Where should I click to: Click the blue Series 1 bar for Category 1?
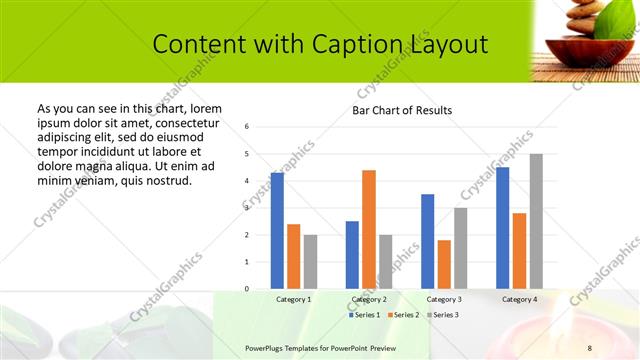pos(277,231)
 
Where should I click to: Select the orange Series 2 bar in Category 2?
pos(369,229)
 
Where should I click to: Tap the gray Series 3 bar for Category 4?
pos(536,221)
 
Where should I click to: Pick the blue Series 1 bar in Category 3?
pos(427,241)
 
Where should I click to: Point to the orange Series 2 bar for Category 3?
pos(444,264)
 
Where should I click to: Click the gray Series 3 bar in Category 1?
pos(310,262)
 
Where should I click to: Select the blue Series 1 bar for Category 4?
pos(502,228)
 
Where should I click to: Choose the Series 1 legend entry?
pos(365,315)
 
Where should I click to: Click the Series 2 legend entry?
pos(403,315)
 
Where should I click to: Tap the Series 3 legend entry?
pos(442,315)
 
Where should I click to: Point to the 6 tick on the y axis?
pos(247,126)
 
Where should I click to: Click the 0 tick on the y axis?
pos(247,289)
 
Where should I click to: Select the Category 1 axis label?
pos(293,299)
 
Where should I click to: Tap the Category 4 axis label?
pos(519,299)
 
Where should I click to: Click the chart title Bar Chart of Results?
pos(402,110)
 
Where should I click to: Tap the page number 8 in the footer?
pos(590,347)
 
